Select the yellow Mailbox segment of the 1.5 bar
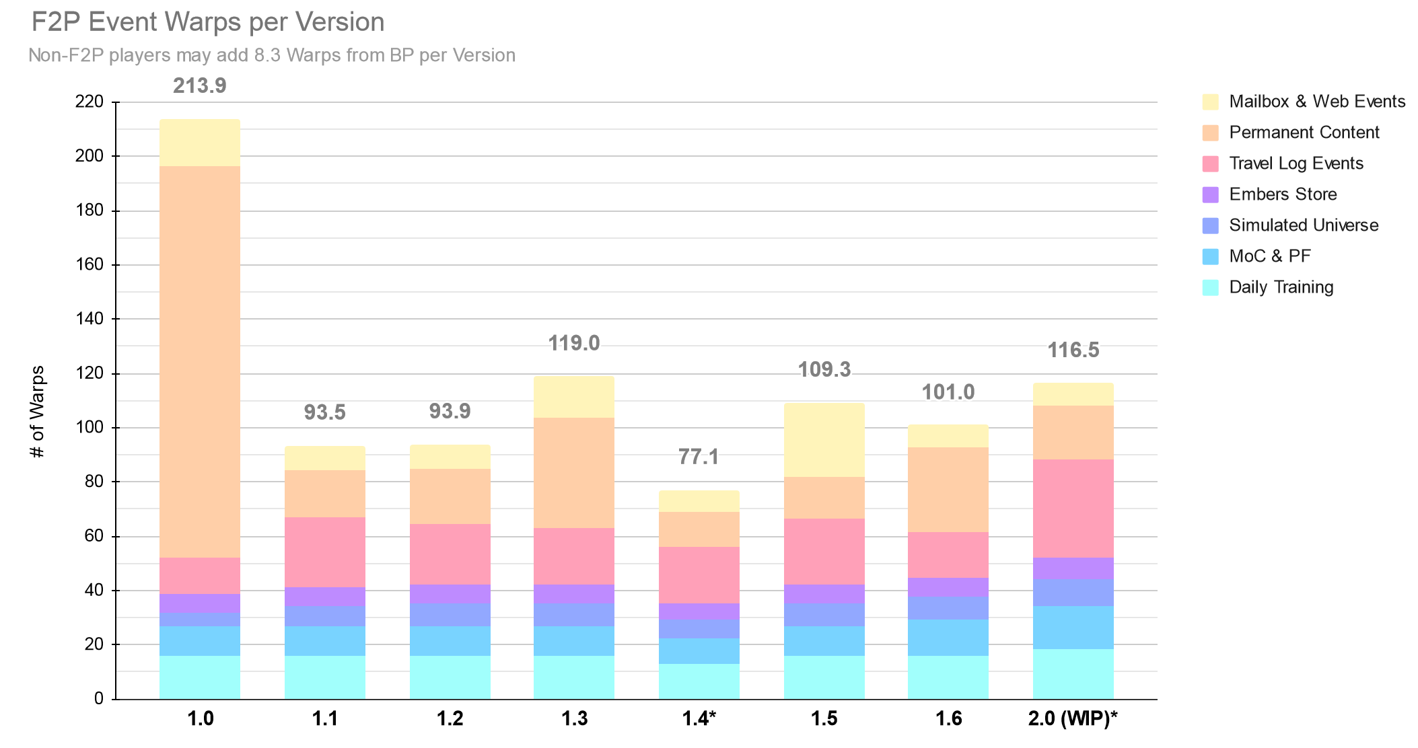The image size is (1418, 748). (x=824, y=440)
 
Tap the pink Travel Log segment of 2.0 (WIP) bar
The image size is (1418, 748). (x=1073, y=509)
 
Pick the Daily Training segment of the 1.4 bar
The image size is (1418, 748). (x=699, y=681)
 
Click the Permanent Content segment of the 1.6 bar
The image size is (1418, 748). (x=948, y=490)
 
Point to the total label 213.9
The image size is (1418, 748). (x=200, y=86)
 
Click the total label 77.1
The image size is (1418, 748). (x=699, y=457)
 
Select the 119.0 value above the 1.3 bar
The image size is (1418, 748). (x=573, y=344)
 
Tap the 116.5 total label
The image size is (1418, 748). (x=1073, y=350)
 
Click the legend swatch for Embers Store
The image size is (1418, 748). (x=1210, y=195)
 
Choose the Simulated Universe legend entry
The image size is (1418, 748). (x=1303, y=225)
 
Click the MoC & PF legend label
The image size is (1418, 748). (x=1269, y=256)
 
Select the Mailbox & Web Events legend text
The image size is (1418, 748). (x=1316, y=102)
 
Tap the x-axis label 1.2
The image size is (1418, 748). (x=450, y=719)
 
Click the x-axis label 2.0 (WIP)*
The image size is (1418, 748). (x=1073, y=719)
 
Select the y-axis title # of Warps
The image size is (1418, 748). (x=38, y=412)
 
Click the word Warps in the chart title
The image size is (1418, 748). (x=204, y=22)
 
